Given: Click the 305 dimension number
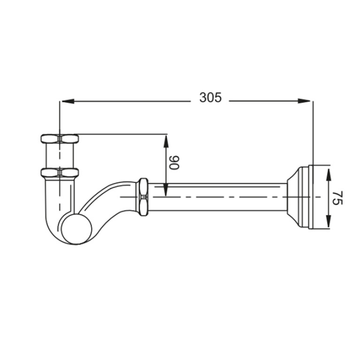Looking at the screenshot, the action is tap(210, 97).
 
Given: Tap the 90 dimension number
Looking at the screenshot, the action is tap(174, 162).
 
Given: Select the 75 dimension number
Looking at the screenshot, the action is tap(337, 198).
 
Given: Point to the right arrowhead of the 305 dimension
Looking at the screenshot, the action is tap(304, 101).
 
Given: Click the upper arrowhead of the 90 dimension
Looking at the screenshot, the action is tap(166, 141).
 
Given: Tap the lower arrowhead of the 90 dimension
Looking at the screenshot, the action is tap(166, 190).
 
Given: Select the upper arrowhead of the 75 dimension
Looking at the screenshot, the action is tap(329, 175).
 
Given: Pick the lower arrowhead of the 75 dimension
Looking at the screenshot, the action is tap(329, 222).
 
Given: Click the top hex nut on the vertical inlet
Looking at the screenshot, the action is tap(60, 139).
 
